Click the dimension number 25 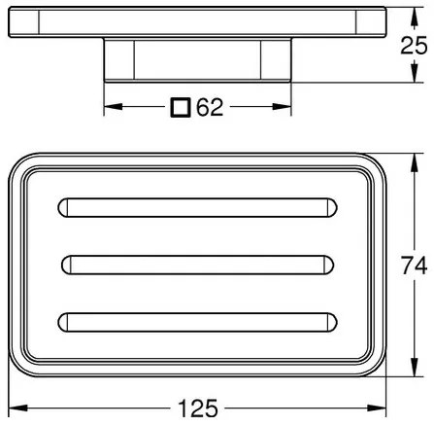tap(414, 45)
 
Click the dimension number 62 tap(210, 107)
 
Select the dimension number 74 tap(414, 265)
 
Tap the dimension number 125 tap(198, 408)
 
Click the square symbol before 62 tap(180, 107)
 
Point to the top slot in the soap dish tap(197, 207)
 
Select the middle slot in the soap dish tap(197, 266)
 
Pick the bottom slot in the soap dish tap(197, 322)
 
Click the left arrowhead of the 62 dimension tap(113, 107)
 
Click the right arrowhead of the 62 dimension tap(282, 107)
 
